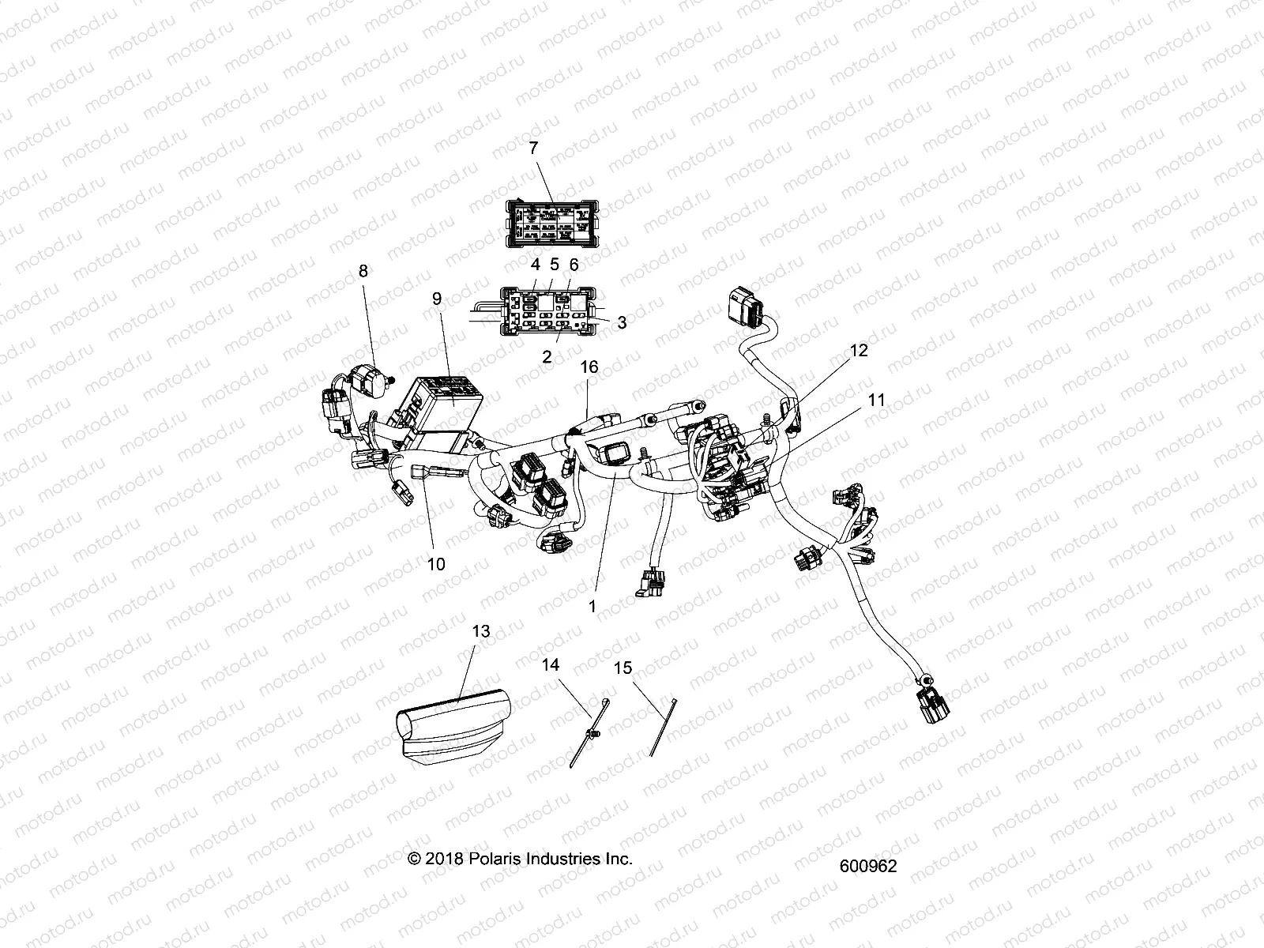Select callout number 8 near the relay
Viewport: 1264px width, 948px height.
pyautogui.click(x=363, y=271)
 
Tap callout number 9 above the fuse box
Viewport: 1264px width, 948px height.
pyautogui.click(x=436, y=299)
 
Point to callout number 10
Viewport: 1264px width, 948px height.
pyautogui.click(x=435, y=564)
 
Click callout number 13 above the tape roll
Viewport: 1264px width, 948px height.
pyautogui.click(x=480, y=631)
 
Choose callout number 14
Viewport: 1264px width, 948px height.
pyautogui.click(x=550, y=665)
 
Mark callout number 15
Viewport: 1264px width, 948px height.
pyautogui.click(x=623, y=668)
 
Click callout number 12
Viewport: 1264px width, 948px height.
pyautogui.click(x=859, y=350)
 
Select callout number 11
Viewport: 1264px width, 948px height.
pyautogui.click(x=876, y=401)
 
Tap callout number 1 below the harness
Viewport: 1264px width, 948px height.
pyautogui.click(x=592, y=607)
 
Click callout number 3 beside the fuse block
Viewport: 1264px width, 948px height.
pyautogui.click(x=622, y=322)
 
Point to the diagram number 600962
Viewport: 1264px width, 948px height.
pyautogui.click(x=868, y=866)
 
